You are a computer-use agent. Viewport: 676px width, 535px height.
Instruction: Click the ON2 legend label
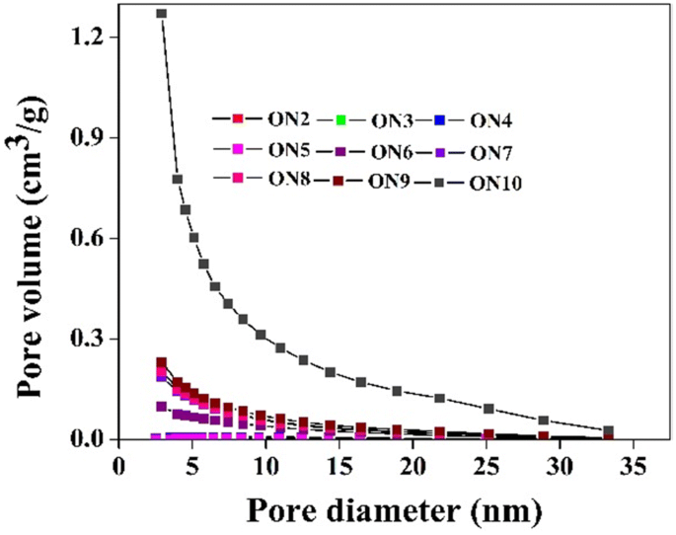point(290,120)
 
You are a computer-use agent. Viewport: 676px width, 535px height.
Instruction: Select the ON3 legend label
point(393,121)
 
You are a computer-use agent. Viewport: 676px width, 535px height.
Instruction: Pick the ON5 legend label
point(290,152)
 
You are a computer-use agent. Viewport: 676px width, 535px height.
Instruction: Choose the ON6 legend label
point(393,153)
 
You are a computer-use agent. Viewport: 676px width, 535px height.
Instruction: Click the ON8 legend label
point(290,182)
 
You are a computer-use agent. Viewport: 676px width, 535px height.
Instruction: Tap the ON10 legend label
point(496,183)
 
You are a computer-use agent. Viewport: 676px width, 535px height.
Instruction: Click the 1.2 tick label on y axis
point(90,37)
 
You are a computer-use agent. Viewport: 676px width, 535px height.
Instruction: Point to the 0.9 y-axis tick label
point(90,137)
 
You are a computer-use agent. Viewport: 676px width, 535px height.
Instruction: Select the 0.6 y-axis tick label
point(90,238)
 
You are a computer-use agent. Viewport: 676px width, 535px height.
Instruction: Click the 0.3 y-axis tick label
point(90,339)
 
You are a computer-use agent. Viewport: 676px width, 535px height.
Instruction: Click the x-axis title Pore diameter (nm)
point(379,509)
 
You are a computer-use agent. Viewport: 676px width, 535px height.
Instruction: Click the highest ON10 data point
point(161,14)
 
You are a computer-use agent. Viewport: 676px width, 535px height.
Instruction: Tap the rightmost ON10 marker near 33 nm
point(609,431)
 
